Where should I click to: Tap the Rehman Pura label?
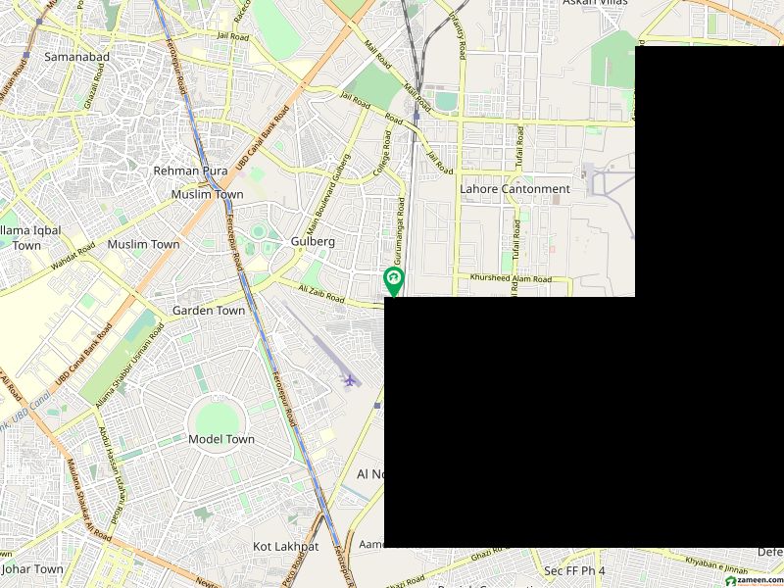[x=190, y=171]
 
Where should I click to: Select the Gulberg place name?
[x=313, y=241]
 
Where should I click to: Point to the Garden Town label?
[x=209, y=311]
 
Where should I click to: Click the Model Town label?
[x=221, y=440]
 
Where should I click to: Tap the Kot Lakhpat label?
[x=286, y=546]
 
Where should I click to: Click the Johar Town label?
[x=32, y=568]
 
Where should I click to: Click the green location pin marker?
[x=393, y=280]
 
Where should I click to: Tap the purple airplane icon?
[x=350, y=378]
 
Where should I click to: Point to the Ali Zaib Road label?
[x=321, y=292]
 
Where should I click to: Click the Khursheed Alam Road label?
[x=511, y=279]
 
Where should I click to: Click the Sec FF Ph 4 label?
[x=574, y=570]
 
